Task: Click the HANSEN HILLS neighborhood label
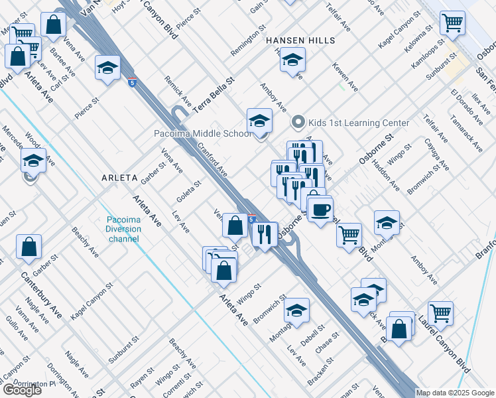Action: point(301,40)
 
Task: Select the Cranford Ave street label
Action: point(212,162)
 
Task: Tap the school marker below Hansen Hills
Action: point(292,60)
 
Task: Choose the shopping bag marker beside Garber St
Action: point(29,248)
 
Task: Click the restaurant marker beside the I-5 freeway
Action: point(265,234)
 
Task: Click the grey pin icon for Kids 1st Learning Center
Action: point(298,123)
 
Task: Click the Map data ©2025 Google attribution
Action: point(455,393)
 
